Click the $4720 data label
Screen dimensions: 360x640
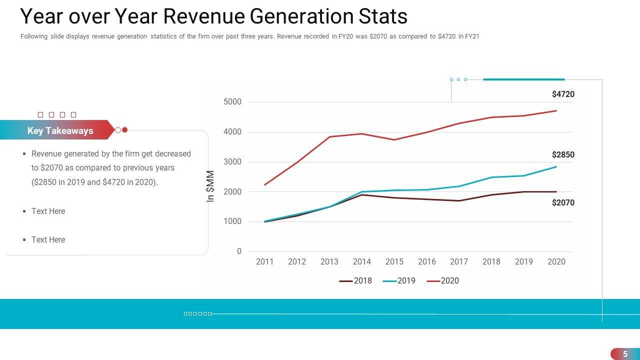pyautogui.click(x=563, y=94)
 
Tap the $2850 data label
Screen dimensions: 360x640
pyautogui.click(x=563, y=154)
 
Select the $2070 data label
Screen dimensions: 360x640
pyautogui.click(x=563, y=202)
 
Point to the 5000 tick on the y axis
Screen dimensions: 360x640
pyautogui.click(x=232, y=102)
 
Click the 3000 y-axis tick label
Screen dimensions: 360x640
pyautogui.click(x=232, y=162)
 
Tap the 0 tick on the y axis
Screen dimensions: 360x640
pyautogui.click(x=239, y=251)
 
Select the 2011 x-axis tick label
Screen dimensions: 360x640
pyautogui.click(x=264, y=261)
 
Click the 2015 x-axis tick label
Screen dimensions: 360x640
pyautogui.click(x=394, y=261)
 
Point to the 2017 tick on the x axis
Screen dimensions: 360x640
pyautogui.click(x=458, y=261)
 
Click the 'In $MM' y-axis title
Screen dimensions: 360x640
pyautogui.click(x=210, y=186)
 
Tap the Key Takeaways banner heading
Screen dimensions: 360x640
pyautogui.click(x=60, y=130)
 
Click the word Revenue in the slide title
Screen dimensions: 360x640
pyautogui.click(x=203, y=16)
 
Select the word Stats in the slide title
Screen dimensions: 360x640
pyautogui.click(x=383, y=16)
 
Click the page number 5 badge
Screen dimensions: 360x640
pyautogui.click(x=625, y=354)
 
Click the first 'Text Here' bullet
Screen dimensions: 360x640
pyautogui.click(x=48, y=211)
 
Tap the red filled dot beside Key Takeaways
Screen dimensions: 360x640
pyautogui.click(x=125, y=130)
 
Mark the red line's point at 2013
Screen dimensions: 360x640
pyautogui.click(x=329, y=136)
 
